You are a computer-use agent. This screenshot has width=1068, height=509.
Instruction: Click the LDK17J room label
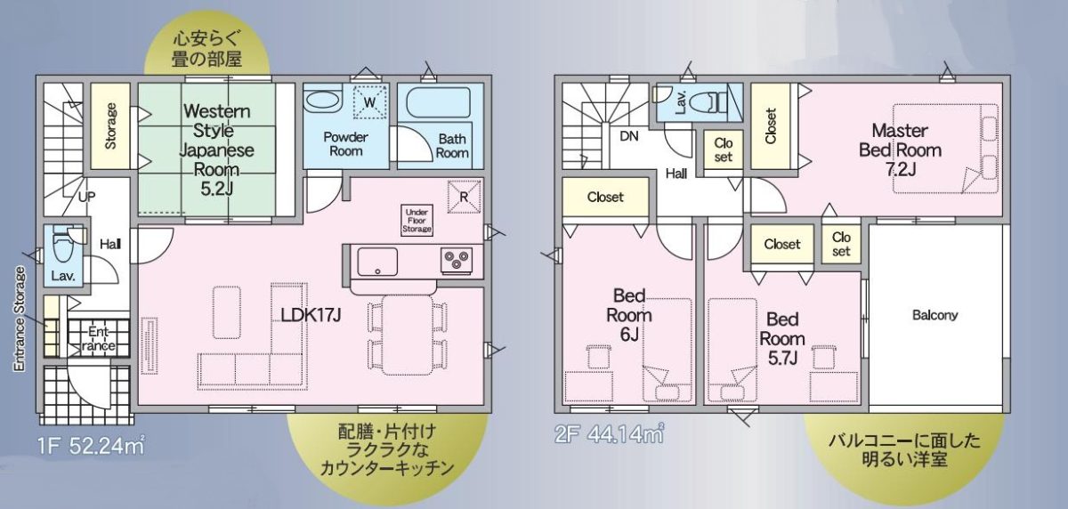311,315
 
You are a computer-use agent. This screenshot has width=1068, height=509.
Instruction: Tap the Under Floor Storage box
417,220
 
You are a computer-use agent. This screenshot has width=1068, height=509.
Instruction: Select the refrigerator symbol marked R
464,196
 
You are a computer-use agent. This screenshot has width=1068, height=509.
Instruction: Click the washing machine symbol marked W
369,102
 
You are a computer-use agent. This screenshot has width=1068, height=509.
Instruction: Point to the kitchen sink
377,261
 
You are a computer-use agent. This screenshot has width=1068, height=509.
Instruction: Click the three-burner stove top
457,260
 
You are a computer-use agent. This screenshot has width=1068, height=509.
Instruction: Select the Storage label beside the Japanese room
110,125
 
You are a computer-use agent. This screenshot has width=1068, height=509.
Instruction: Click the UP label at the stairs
86,197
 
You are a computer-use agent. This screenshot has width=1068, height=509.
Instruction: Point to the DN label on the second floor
629,136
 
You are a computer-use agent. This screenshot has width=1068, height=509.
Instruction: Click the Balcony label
935,315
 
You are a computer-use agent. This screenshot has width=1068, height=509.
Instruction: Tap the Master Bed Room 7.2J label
900,149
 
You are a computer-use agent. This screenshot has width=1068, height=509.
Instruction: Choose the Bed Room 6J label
629,315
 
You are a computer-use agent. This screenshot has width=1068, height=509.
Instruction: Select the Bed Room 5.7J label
782,338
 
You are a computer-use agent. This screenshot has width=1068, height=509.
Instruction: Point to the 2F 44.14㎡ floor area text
610,434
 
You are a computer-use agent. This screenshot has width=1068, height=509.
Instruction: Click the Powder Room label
345,144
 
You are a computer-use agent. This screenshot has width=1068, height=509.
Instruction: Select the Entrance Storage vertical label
19,319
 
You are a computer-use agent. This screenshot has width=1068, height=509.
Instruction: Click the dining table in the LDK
408,335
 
